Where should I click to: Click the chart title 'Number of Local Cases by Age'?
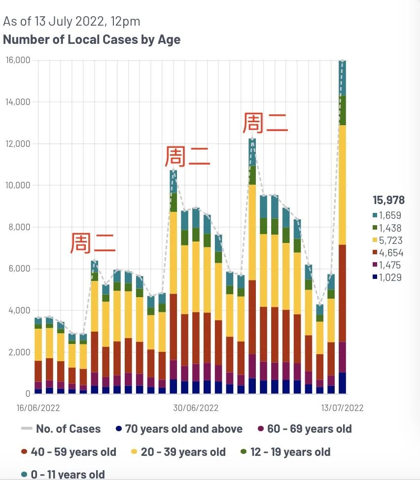(92, 39)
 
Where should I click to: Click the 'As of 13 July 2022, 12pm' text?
(71, 21)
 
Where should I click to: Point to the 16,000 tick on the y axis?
(18, 60)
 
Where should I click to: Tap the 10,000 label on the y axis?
(18, 185)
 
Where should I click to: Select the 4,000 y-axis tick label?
(20, 310)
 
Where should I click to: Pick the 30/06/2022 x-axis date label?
(196, 408)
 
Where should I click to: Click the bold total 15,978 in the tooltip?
(388, 200)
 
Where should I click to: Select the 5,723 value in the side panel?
(390, 240)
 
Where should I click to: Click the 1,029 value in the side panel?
(390, 277)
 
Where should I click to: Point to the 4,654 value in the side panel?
(390, 253)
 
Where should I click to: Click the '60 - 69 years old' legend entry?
(309, 429)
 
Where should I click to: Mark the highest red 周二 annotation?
(265, 123)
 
